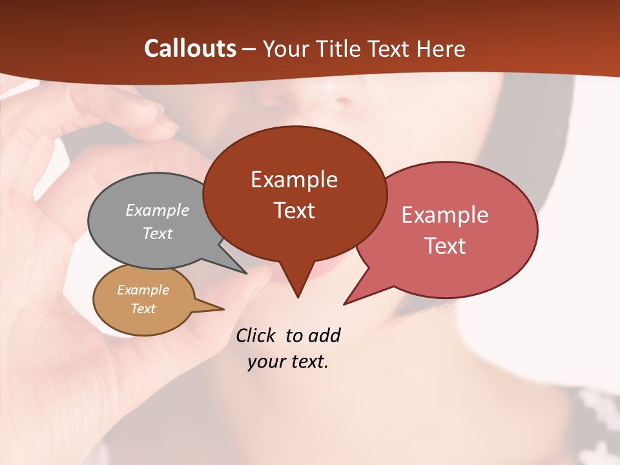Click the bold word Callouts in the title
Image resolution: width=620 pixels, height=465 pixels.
click(190, 48)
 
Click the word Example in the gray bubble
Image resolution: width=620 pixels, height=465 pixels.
click(158, 210)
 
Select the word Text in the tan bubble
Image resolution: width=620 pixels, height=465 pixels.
click(143, 309)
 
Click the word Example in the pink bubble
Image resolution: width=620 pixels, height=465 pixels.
click(445, 215)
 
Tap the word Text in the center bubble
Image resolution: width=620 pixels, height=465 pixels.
click(294, 211)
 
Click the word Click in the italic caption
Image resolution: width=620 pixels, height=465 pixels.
click(256, 335)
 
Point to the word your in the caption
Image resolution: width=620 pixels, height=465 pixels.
click(265, 362)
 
